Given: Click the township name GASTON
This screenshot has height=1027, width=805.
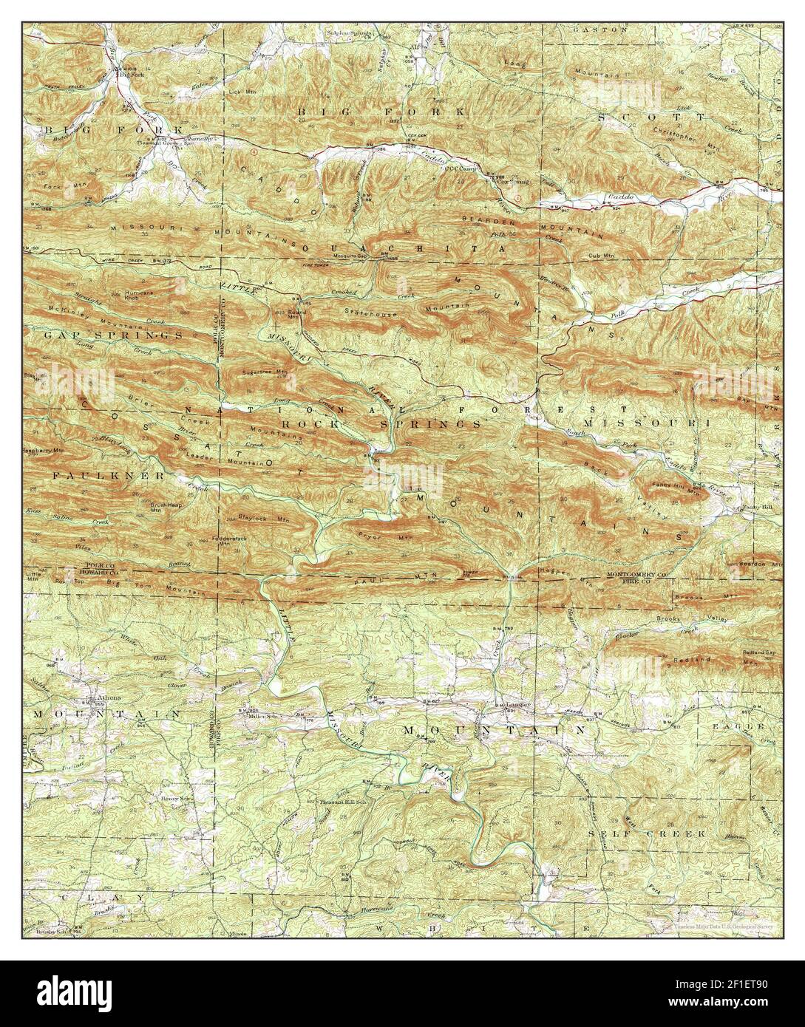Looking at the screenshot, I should click(599, 30).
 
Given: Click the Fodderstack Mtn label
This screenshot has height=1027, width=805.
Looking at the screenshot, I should click(227, 541).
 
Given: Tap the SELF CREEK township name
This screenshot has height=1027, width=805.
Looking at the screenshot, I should click(647, 833).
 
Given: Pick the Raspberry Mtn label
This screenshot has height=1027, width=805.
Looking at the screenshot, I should click(44, 449).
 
